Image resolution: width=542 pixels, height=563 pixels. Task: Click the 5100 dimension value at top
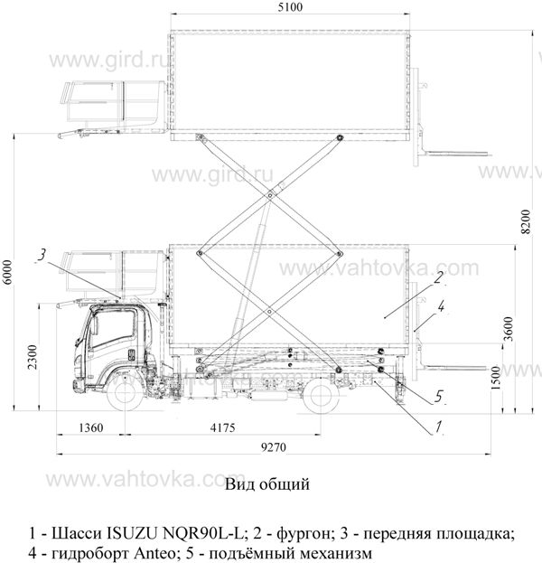click(290, 7)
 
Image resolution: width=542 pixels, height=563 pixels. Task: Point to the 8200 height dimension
click(526, 221)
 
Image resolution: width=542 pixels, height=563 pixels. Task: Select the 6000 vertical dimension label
click(7, 272)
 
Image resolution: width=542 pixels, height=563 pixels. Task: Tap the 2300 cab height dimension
click(33, 357)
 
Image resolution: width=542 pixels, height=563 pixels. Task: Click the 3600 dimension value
click(509, 329)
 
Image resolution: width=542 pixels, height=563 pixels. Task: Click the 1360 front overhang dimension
click(91, 427)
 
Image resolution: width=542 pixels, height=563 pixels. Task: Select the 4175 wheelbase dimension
click(222, 427)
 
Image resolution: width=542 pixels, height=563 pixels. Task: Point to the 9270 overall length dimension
click(274, 447)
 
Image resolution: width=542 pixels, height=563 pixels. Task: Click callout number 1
click(438, 427)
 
